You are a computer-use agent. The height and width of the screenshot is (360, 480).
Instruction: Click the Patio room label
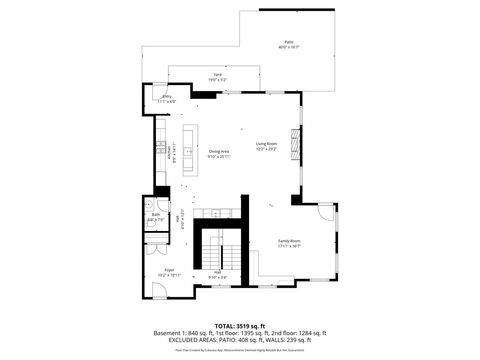tap(288, 41)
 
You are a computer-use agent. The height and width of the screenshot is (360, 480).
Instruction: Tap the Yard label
tap(217, 74)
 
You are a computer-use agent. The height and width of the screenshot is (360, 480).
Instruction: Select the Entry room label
tap(166, 96)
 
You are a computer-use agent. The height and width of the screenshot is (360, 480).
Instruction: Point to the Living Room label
tap(265, 143)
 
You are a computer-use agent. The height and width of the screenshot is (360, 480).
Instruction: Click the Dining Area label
tap(219, 151)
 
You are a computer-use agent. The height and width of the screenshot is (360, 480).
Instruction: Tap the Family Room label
tap(289, 241)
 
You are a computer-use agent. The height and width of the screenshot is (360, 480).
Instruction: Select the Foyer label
tap(170, 269)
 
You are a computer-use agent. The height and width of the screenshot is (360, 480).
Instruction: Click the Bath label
tap(155, 215)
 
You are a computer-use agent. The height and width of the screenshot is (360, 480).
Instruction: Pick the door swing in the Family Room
tap(326, 211)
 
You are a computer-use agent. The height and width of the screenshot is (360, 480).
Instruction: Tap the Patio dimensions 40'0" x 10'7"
tap(288, 47)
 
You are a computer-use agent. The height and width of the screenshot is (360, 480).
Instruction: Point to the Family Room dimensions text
tap(289, 247)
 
